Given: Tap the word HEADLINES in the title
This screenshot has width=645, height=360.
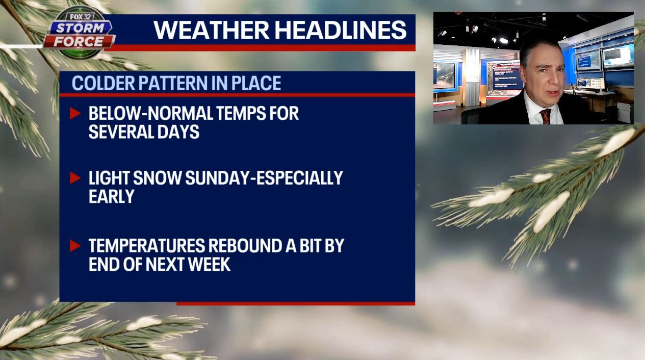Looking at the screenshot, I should (342, 30).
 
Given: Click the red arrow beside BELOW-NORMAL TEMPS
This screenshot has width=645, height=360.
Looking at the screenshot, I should (75, 113).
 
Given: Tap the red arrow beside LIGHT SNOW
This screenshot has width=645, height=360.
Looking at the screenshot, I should (75, 178).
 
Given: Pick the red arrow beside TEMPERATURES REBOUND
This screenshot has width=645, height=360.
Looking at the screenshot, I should (75, 246).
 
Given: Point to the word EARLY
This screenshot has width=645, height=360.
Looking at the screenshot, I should (111, 196).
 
